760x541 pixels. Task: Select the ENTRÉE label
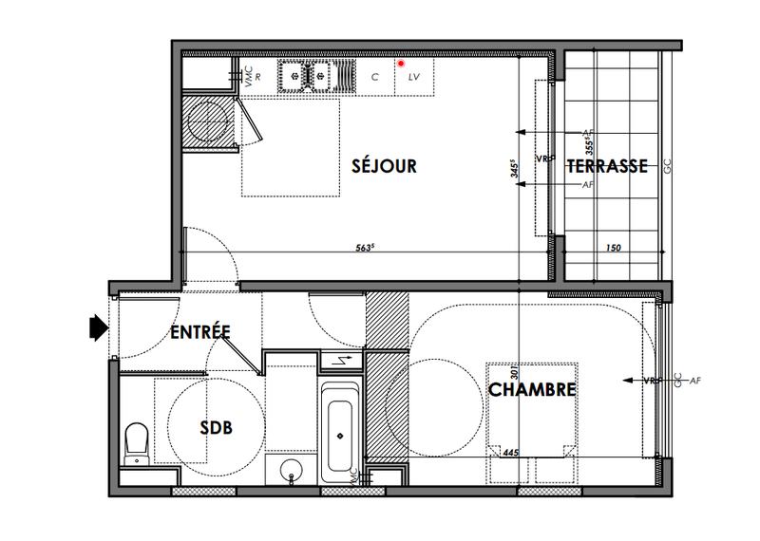click(200, 332)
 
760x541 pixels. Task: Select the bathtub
click(339, 432)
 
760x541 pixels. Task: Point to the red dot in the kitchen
click(401, 64)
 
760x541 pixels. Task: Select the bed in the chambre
click(532, 418)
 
